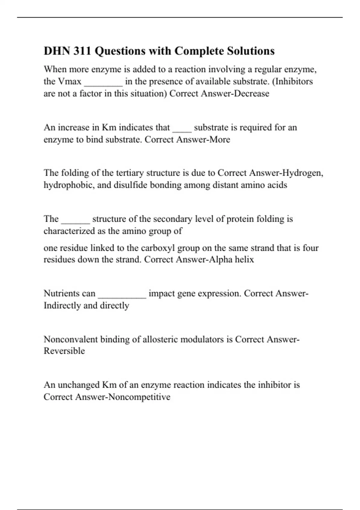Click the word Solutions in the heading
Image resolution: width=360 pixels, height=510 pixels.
coord(250,51)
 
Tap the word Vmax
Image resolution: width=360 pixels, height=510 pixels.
coord(70,82)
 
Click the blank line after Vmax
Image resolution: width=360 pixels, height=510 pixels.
coord(103,83)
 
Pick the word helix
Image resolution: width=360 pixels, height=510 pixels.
coord(244,259)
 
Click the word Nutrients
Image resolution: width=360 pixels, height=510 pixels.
coord(69,293)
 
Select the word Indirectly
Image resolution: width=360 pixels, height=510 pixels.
coord(62,305)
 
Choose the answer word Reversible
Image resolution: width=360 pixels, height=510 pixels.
coord(64,351)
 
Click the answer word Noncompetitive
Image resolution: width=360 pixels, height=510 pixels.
coord(139,397)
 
